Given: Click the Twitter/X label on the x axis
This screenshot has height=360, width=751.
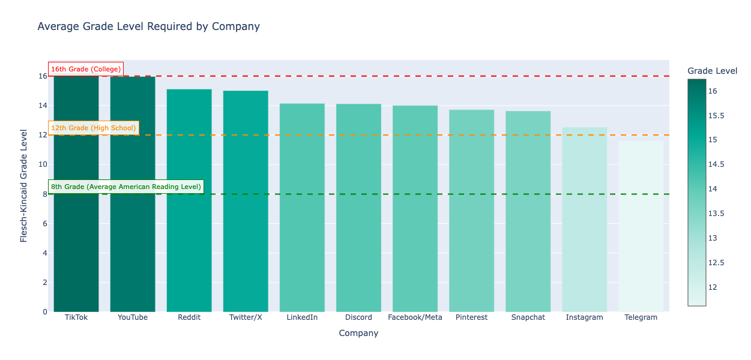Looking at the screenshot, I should pos(246,317).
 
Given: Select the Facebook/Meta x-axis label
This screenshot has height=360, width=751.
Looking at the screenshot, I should pos(415,317).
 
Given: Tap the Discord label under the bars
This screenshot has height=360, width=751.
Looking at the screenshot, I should pos(358,317).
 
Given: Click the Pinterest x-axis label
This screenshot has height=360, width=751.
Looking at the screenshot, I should pos(471,317).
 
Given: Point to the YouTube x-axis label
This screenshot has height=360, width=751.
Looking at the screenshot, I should pos(133,317).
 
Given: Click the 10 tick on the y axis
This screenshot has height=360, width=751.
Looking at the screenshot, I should pos(42,165).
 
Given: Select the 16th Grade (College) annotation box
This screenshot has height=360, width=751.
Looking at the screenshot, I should pos(86,69).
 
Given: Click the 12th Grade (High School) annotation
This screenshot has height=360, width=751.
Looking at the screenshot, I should pos(94,128).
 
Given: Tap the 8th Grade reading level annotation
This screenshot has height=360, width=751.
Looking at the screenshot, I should pos(126,187).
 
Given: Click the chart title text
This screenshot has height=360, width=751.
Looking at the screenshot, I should pos(148,26).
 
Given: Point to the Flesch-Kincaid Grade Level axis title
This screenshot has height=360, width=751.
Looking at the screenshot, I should pos(24,185).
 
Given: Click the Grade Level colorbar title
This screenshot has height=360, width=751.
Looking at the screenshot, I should pos(712,71).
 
